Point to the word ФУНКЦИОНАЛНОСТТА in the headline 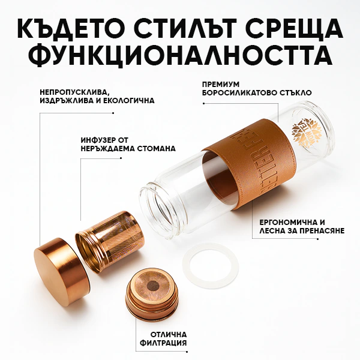180,55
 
